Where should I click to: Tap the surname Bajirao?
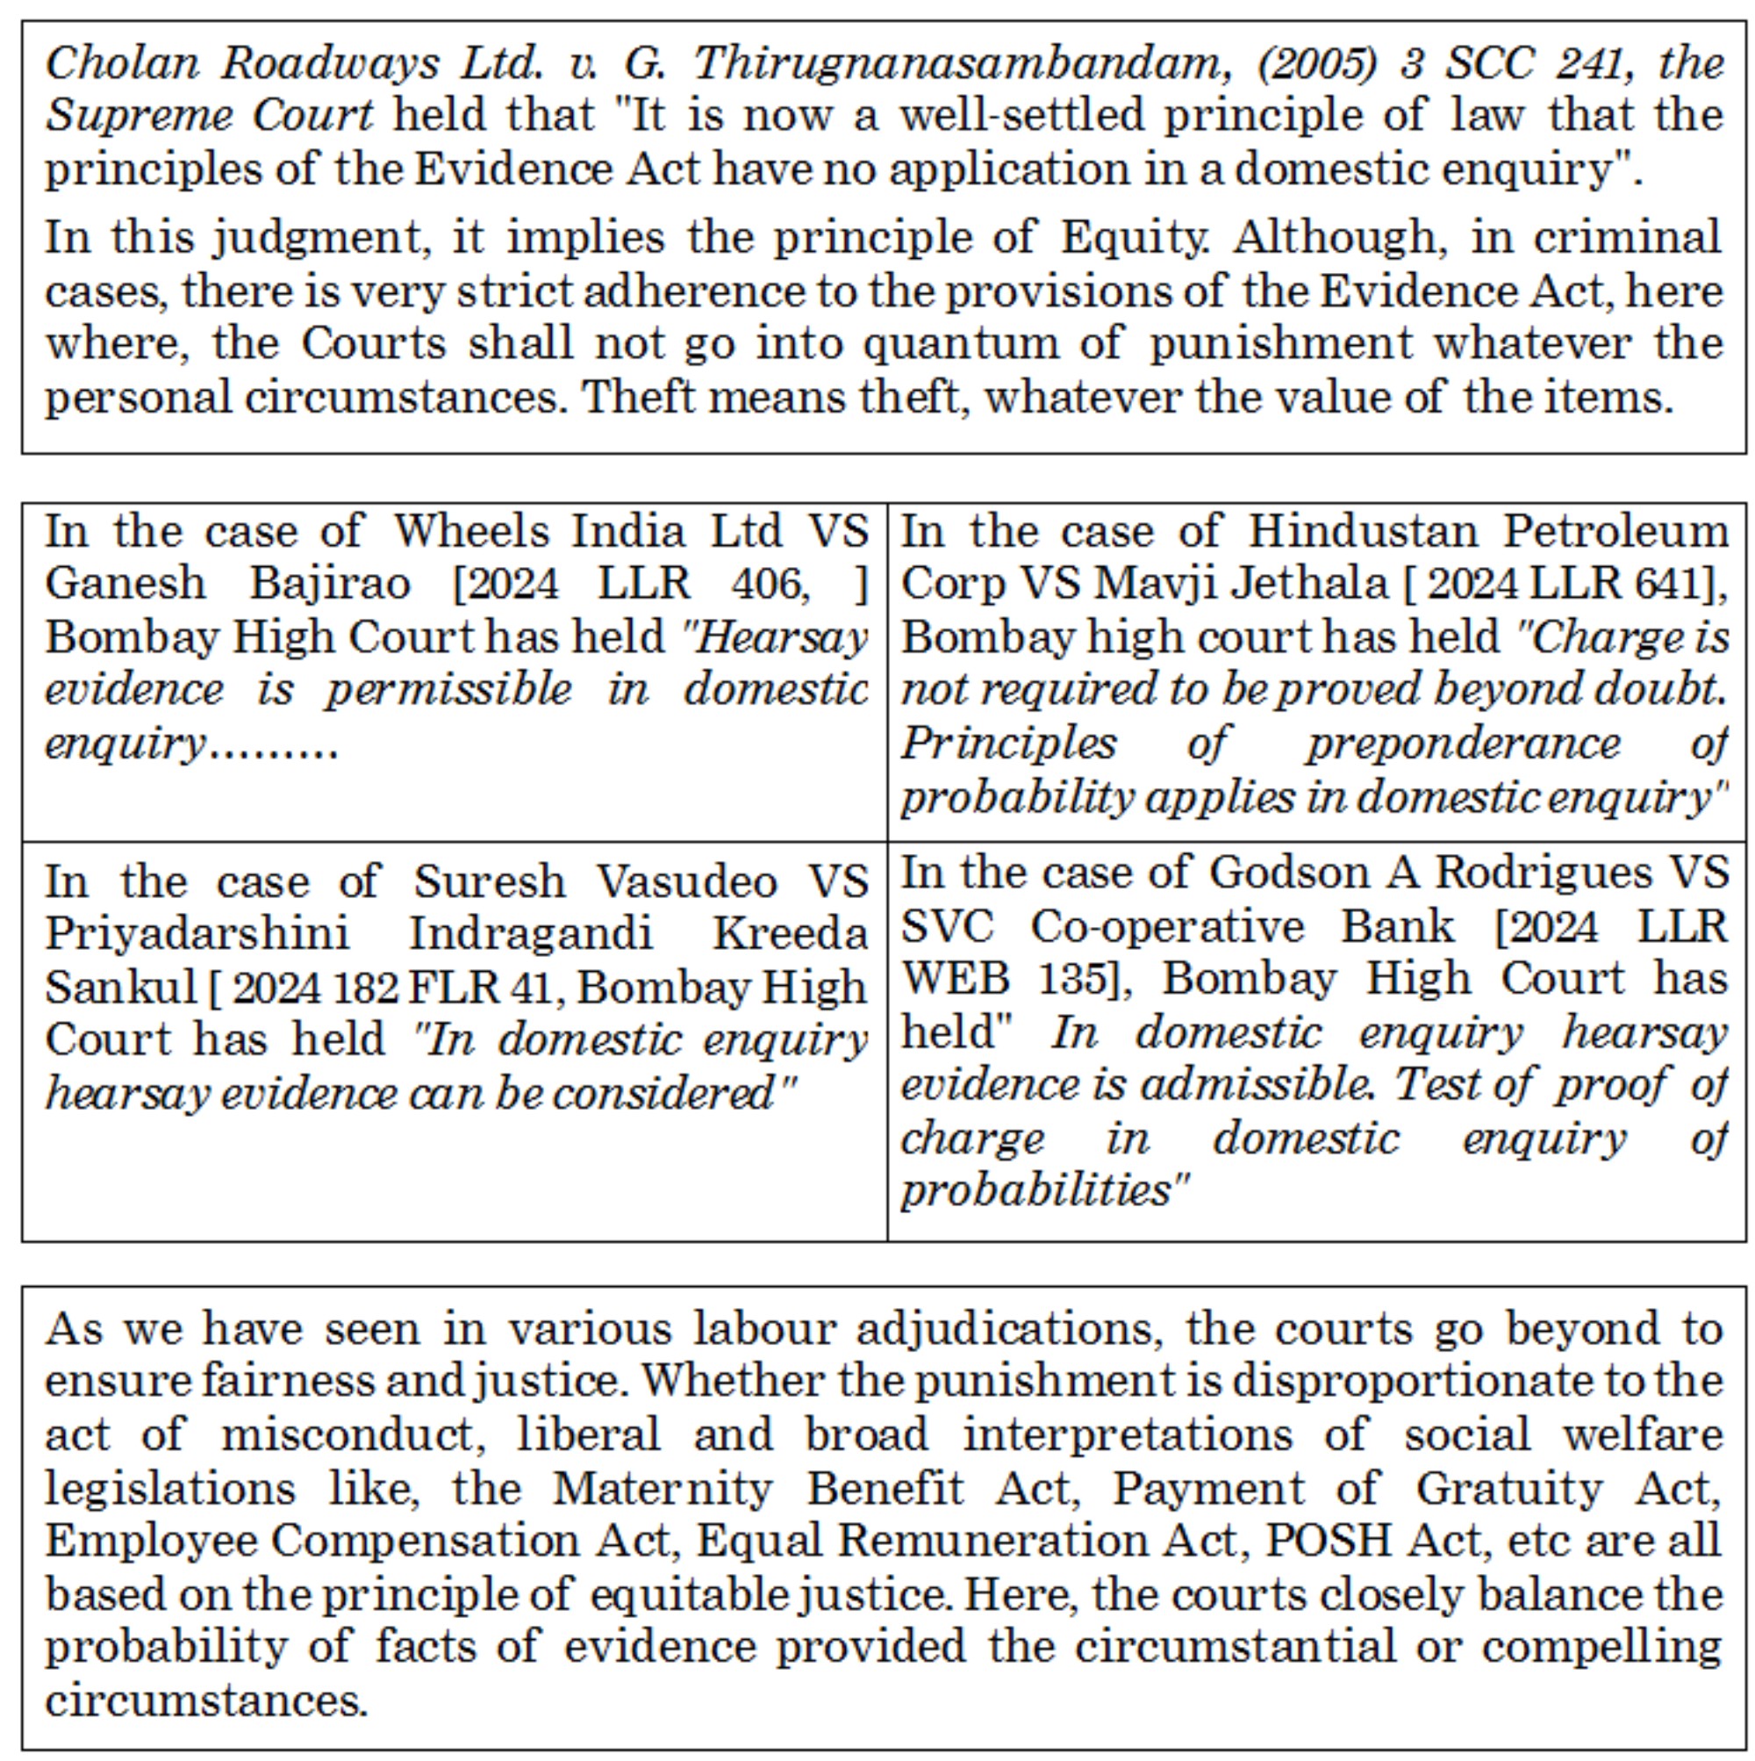pos(330,585)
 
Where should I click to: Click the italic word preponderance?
pos(1464,744)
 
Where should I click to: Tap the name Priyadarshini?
pos(197,934)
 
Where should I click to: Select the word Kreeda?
pos(789,934)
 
